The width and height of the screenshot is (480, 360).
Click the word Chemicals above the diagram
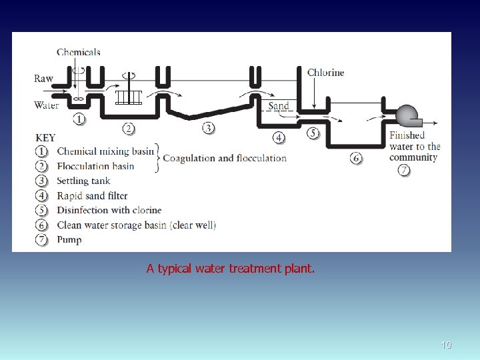pyautogui.click(x=79, y=52)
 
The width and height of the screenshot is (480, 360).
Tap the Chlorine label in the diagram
pyautogui.click(x=326, y=73)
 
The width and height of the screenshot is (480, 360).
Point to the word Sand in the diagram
pyautogui.click(x=279, y=106)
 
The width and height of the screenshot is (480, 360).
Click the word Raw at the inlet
pyautogui.click(x=43, y=79)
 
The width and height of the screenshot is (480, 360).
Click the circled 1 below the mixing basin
pyautogui.click(x=79, y=119)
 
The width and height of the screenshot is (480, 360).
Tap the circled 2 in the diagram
pyautogui.click(x=129, y=128)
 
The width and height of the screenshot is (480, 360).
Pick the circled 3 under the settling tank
pyautogui.click(x=209, y=127)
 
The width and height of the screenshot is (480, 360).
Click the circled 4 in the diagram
pyautogui.click(x=279, y=137)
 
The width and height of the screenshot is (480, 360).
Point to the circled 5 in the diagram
pyautogui.click(x=313, y=133)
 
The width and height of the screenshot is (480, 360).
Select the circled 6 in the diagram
pyautogui.click(x=357, y=158)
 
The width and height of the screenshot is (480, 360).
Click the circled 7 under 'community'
pyautogui.click(x=405, y=170)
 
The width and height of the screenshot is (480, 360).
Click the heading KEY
pyautogui.click(x=45, y=138)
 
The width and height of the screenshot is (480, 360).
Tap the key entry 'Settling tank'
pyautogui.click(x=83, y=181)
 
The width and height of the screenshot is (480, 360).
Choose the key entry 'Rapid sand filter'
pyautogui.click(x=92, y=195)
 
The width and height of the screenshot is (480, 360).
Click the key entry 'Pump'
pyautogui.click(x=69, y=239)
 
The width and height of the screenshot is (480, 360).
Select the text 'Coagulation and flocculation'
pyautogui.click(x=225, y=158)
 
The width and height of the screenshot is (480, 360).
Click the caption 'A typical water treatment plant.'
pyautogui.click(x=231, y=269)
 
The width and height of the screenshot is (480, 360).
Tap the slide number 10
pyautogui.click(x=446, y=345)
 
